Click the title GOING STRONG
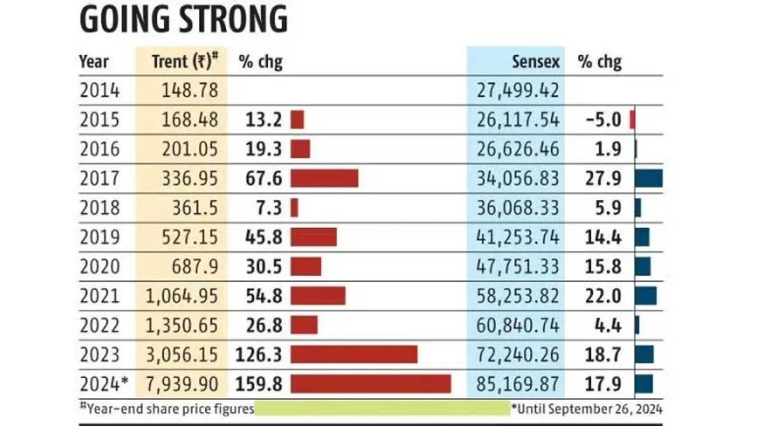tap(183, 19)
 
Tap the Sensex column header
tap(535, 62)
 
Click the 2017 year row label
tap(99, 179)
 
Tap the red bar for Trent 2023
tap(353, 354)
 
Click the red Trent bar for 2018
tap(294, 208)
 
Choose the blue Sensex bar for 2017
tap(649, 179)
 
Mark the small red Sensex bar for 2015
tap(633, 120)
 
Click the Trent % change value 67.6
tap(263, 179)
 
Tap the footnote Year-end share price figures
tap(167, 408)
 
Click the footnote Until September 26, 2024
tap(587, 408)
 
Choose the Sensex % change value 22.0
tap(604, 296)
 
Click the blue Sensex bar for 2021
tap(645, 296)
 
